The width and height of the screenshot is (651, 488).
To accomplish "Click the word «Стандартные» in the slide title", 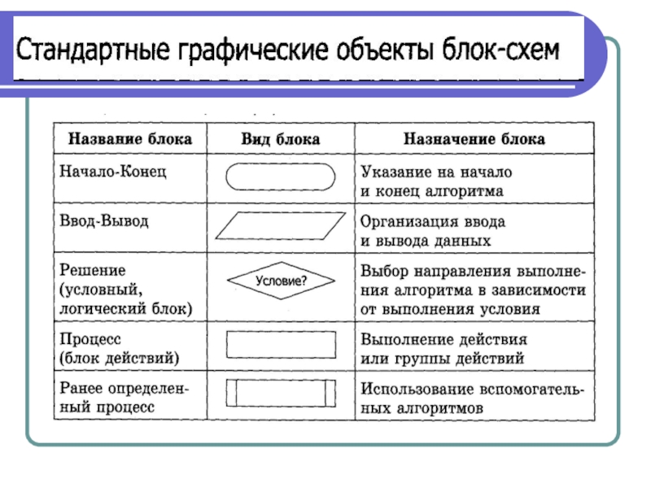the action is click(93, 50).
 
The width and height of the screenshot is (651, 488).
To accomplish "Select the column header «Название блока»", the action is click(130, 139).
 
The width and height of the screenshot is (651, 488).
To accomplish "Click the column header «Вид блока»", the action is click(281, 139).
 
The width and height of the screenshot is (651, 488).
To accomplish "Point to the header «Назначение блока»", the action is click(474, 139).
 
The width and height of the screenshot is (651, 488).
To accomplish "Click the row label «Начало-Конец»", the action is click(113, 172).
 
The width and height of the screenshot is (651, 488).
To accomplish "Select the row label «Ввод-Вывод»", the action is click(104, 220).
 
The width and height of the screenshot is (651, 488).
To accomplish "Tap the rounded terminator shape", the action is click(280, 164).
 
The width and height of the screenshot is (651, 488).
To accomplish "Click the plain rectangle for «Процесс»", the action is click(281, 332).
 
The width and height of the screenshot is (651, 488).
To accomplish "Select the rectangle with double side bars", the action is click(281, 380).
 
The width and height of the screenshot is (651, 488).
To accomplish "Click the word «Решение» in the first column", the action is click(93, 271).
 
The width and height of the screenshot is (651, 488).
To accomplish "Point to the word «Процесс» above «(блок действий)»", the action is click(90, 339).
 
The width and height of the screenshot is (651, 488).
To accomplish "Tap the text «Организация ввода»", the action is click(433, 222).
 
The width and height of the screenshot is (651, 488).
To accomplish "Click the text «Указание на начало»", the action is click(436, 172).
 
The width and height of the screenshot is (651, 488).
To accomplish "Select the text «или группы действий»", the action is click(442, 359).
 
